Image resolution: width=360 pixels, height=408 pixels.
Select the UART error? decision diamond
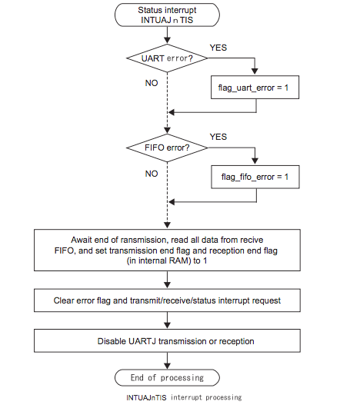click(x=166, y=58)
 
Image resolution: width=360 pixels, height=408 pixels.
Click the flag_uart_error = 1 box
click(x=255, y=89)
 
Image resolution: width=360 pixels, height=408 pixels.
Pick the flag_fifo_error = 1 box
click(x=255, y=177)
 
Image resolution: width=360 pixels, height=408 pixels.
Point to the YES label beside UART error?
click(x=218, y=48)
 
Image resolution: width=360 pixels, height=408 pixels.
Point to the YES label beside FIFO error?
click(x=218, y=137)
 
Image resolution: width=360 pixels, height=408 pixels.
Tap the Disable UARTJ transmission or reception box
click(x=166, y=340)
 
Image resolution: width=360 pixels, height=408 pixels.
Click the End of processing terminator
click(x=166, y=378)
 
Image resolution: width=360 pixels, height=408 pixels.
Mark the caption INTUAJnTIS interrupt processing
click(x=183, y=397)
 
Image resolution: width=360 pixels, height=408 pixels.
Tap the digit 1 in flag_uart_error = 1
click(x=287, y=89)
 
